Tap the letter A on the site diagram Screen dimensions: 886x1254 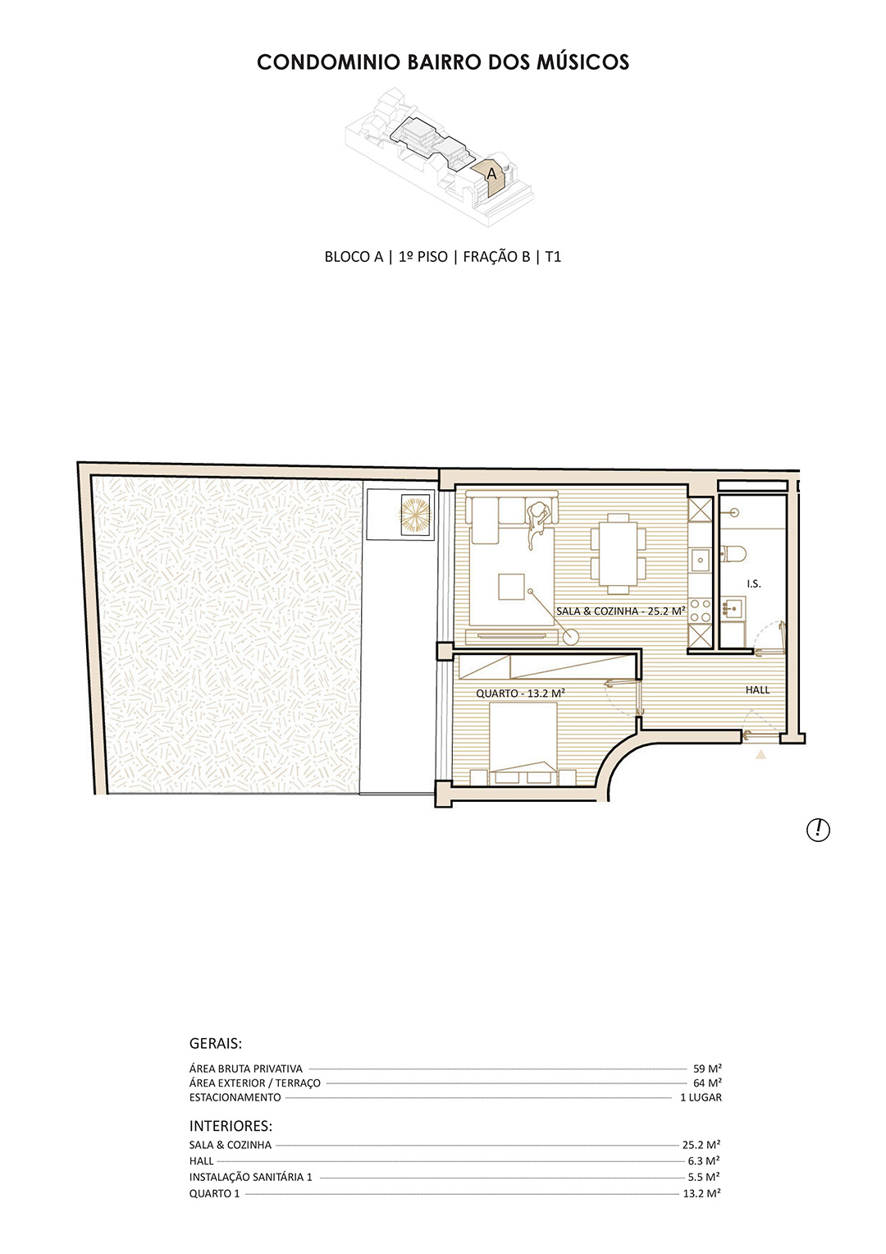(x=491, y=174)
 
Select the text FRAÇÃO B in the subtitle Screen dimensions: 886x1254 (x=496, y=257)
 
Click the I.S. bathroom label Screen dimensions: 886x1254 (x=753, y=584)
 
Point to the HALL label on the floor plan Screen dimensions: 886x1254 (x=757, y=690)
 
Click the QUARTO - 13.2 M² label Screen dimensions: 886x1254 (x=520, y=693)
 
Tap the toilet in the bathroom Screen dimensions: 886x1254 (x=733, y=554)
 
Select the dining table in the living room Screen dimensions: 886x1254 (x=618, y=553)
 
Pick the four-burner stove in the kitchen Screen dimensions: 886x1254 (x=700, y=611)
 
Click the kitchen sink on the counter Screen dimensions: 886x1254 (x=700, y=561)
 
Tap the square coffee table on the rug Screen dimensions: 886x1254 (x=512, y=586)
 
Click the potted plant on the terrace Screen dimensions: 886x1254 (x=416, y=514)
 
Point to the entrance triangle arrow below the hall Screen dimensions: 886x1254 (x=760, y=755)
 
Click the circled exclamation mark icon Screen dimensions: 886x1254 (x=818, y=830)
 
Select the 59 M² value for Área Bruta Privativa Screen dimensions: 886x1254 (x=707, y=1069)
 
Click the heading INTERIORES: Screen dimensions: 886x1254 (x=231, y=1125)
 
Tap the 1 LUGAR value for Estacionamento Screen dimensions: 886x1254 (x=701, y=1097)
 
